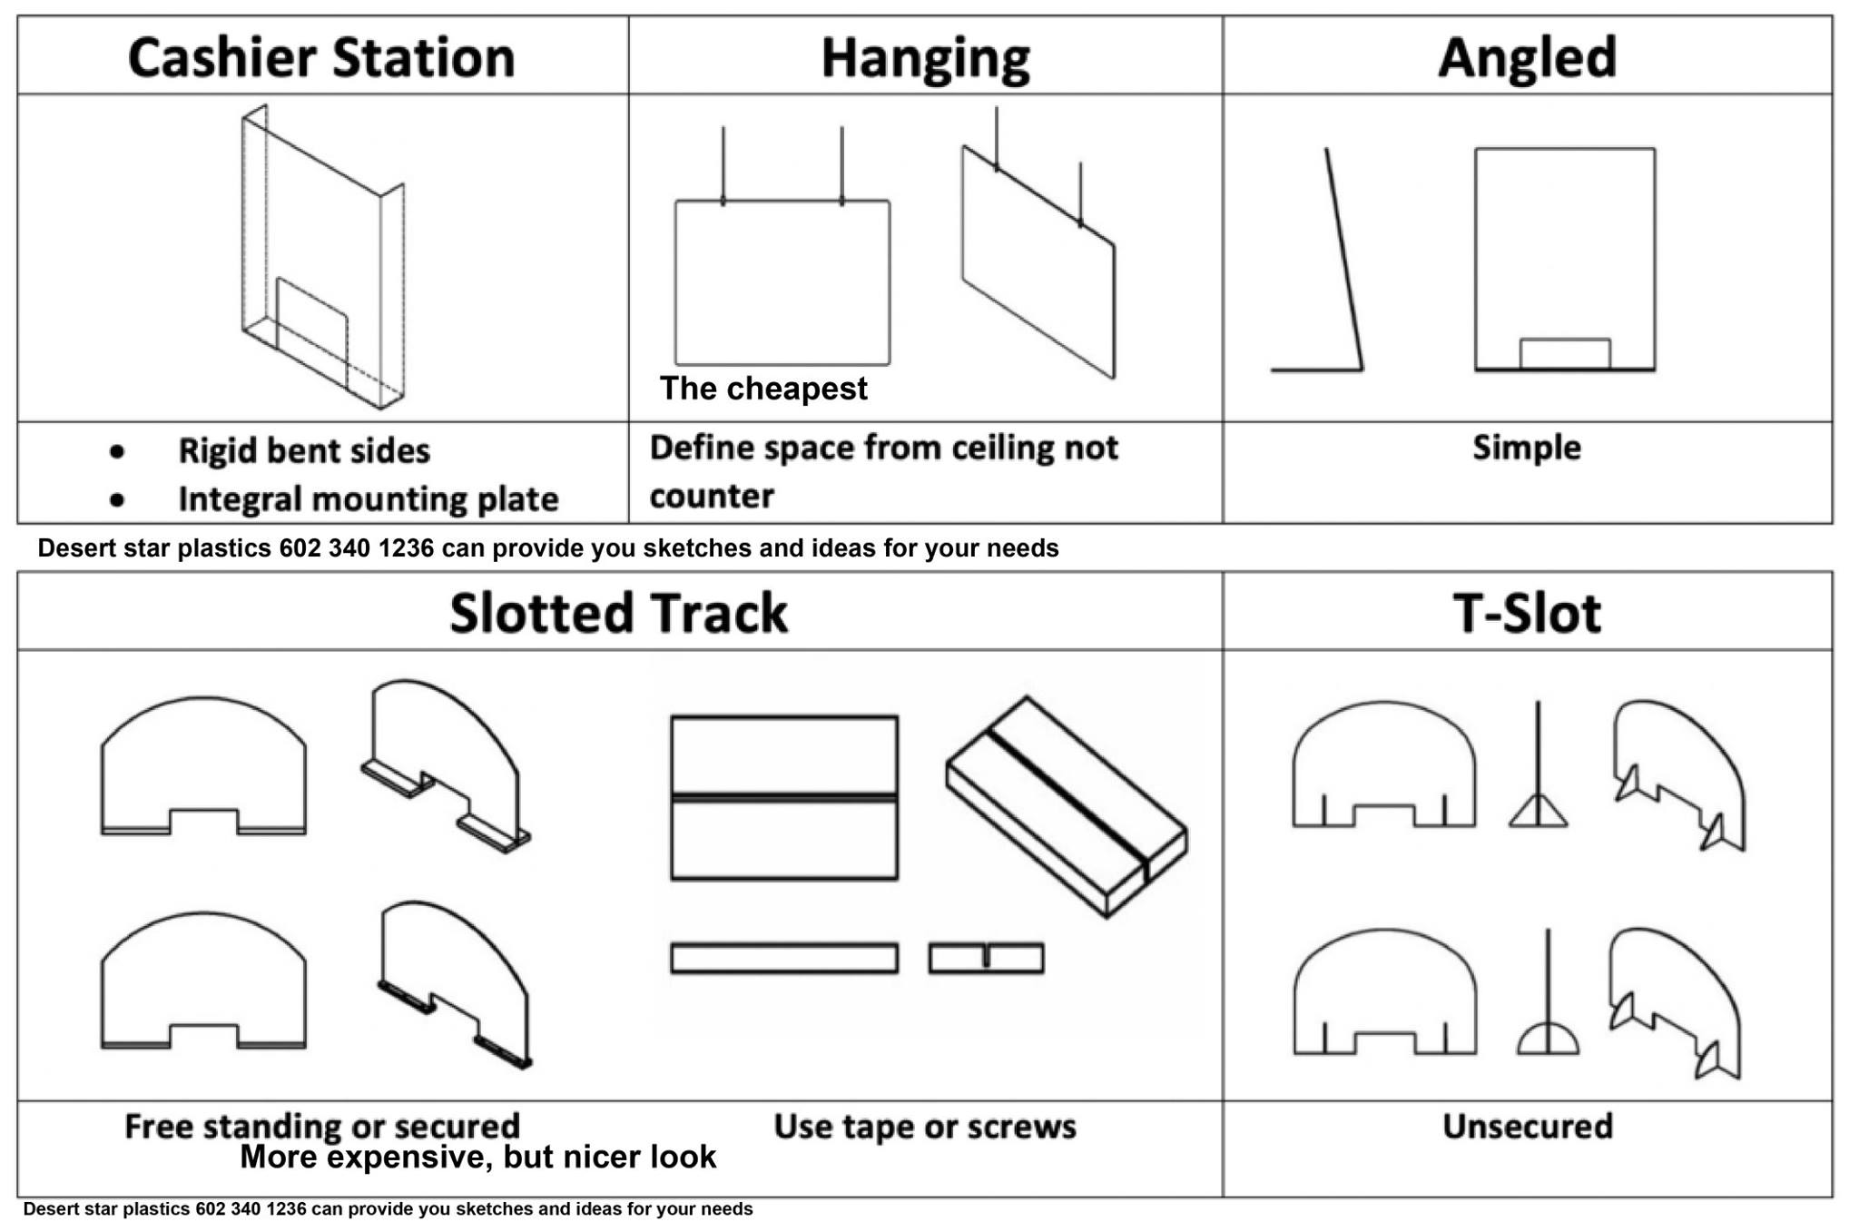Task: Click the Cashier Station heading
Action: pyautogui.click(x=321, y=57)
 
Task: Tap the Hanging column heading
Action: pyautogui.click(x=925, y=57)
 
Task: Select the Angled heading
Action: pyautogui.click(x=1527, y=57)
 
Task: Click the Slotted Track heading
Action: pyautogui.click(x=618, y=613)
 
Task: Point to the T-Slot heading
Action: pyautogui.click(x=1527, y=613)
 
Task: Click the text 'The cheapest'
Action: pyautogui.click(x=763, y=389)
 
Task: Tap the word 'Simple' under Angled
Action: pyautogui.click(x=1526, y=448)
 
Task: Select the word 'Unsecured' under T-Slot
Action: pyautogui.click(x=1527, y=1127)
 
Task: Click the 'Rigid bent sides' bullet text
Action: pyautogui.click(x=304, y=451)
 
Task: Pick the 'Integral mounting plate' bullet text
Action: pyautogui.click(x=368, y=499)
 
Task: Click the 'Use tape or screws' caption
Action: pyautogui.click(x=924, y=1127)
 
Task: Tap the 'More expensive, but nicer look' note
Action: pyautogui.click(x=477, y=1158)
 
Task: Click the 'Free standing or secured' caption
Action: pyautogui.click(x=322, y=1127)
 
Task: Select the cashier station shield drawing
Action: pyautogui.click(x=323, y=259)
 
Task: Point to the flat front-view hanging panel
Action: pyautogui.click(x=782, y=281)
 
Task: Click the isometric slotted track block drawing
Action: pyautogui.click(x=1067, y=806)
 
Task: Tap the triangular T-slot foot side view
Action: pyautogui.click(x=1538, y=808)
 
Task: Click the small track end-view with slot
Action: pyautogui.click(x=986, y=959)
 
